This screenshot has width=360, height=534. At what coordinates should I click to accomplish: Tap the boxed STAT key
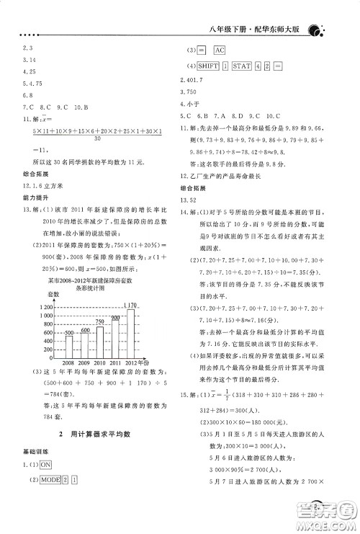[x=243, y=66]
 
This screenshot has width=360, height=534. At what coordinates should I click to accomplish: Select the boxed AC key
[x=219, y=50]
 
